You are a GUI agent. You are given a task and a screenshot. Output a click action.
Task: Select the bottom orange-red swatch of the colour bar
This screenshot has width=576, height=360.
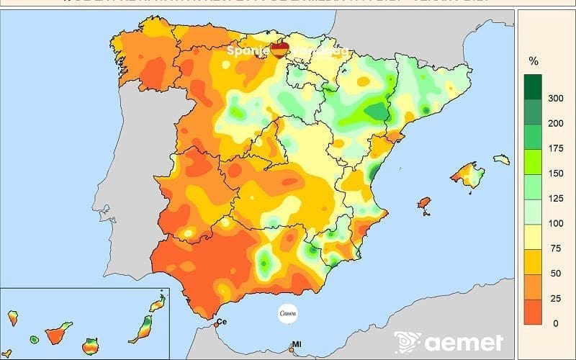click(x=534, y=311)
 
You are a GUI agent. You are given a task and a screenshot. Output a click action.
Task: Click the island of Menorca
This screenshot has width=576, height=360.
click(x=501, y=159)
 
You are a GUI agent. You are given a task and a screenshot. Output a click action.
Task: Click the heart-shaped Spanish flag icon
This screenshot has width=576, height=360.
click(x=279, y=50)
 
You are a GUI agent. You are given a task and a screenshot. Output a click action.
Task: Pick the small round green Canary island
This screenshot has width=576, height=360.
click(x=34, y=339)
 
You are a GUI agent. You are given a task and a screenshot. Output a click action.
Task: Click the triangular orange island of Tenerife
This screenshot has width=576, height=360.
click(x=57, y=336)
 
